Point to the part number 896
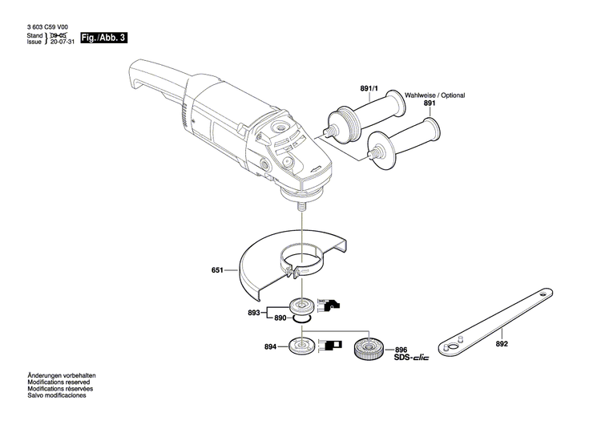pos(401,350)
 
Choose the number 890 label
pos(280,318)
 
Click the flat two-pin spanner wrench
pos(493,316)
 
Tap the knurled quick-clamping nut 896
pos(371,349)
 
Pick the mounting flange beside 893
pos(304,306)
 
